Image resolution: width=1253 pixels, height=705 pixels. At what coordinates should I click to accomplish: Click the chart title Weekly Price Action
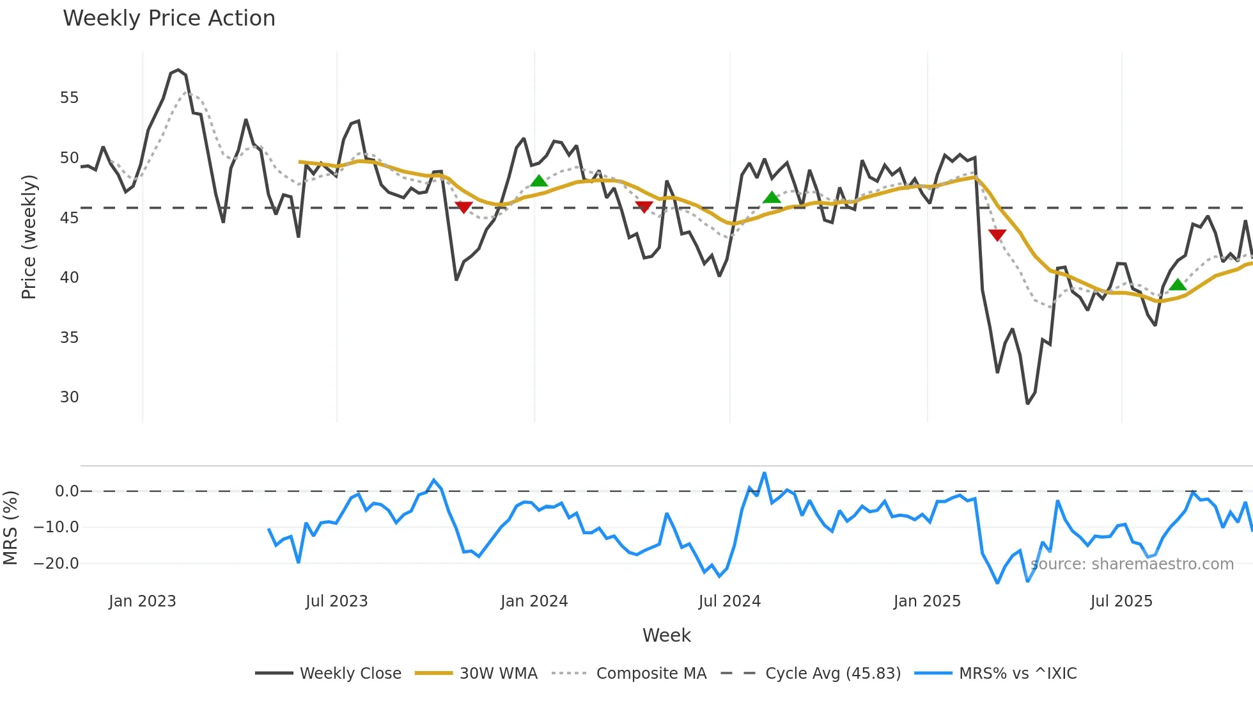coord(169,18)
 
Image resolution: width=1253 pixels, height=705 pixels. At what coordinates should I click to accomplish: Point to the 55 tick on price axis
coord(70,98)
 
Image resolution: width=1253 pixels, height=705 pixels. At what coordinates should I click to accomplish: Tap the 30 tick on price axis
coord(70,397)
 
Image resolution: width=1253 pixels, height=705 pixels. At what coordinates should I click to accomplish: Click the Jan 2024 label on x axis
coord(534,601)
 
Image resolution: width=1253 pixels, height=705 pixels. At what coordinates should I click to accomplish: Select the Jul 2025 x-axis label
coord(1121,601)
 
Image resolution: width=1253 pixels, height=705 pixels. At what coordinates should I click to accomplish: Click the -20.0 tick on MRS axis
coord(56,564)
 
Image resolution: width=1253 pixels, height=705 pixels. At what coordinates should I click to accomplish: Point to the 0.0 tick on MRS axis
coord(66,491)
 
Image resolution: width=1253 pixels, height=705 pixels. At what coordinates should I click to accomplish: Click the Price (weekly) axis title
coord(29,237)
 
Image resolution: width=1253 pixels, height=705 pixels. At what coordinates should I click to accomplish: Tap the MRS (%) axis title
coord(10,528)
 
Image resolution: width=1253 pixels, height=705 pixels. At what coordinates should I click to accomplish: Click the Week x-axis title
coord(666,635)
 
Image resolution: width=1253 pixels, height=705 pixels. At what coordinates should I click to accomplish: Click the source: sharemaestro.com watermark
coord(1132,564)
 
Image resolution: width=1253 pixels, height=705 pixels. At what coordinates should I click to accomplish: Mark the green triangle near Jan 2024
coord(539,181)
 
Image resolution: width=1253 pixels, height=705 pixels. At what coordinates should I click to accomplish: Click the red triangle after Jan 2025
coord(997,235)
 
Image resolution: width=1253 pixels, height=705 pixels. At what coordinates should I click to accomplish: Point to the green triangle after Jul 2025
coord(1178,285)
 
